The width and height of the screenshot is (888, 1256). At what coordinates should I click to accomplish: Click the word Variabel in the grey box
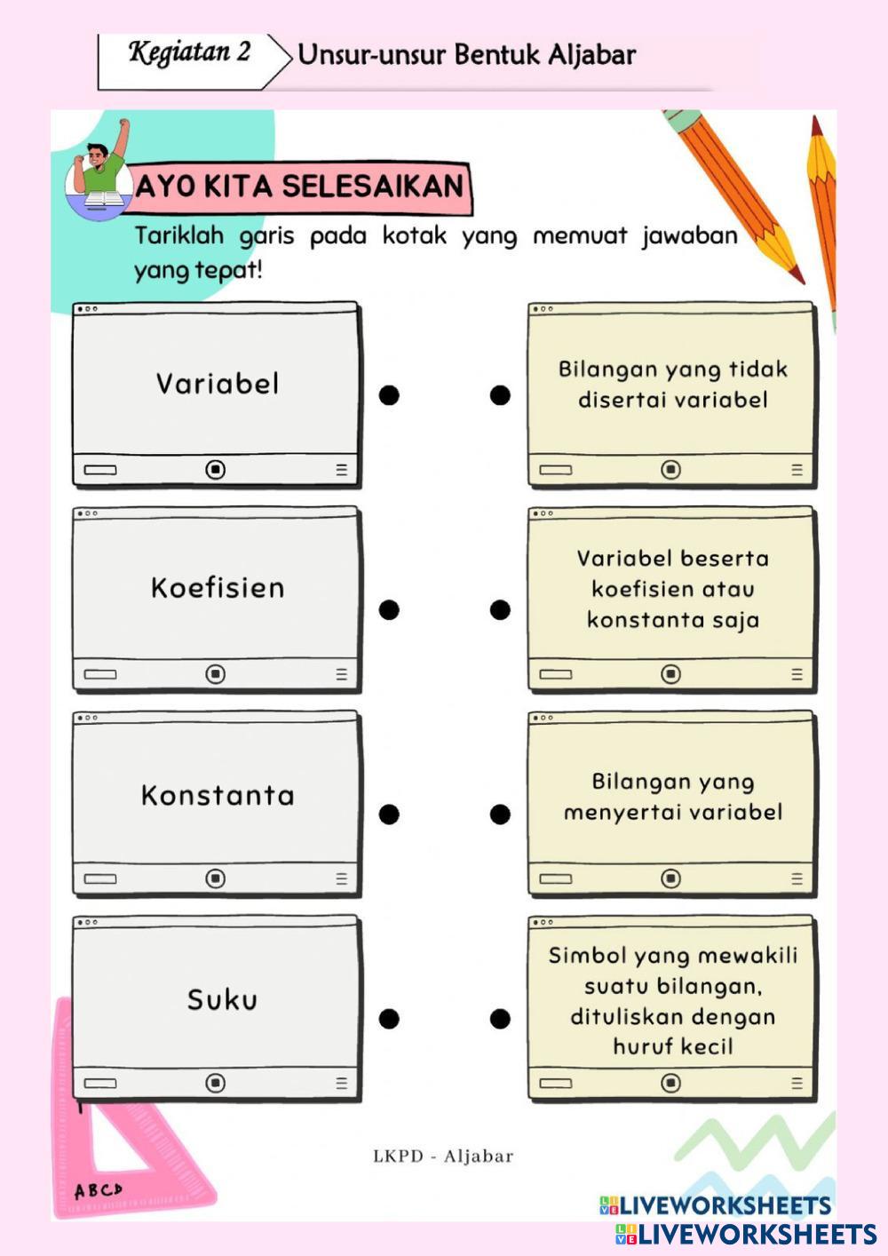(x=218, y=384)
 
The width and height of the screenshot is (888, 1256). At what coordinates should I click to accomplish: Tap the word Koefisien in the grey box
(x=218, y=588)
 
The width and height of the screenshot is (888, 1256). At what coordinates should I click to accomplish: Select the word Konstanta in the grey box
(x=218, y=795)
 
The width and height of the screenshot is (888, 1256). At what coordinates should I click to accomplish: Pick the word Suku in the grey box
(x=222, y=1000)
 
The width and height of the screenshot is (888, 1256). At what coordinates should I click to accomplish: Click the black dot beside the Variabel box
(x=389, y=395)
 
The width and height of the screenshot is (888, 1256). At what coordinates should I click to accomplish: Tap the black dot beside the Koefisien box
(x=389, y=609)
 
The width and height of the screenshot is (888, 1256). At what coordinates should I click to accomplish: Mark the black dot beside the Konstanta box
(x=389, y=814)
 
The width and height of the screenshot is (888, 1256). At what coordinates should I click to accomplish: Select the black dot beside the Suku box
(x=389, y=1019)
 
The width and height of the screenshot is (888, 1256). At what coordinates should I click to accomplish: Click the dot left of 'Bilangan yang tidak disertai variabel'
(x=500, y=395)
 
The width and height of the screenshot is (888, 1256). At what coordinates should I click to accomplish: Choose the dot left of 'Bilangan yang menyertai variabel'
(x=500, y=814)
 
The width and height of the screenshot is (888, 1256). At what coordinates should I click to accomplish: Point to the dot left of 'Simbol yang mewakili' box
(x=500, y=1019)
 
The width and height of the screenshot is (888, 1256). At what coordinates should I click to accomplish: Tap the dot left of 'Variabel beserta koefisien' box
(x=500, y=609)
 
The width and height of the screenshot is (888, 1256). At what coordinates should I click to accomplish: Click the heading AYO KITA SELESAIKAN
(x=299, y=187)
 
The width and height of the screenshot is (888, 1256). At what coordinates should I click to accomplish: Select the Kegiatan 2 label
(x=190, y=52)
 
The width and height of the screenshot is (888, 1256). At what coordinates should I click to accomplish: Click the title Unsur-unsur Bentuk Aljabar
(x=466, y=55)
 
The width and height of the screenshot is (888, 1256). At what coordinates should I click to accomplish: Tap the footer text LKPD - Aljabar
(x=443, y=1156)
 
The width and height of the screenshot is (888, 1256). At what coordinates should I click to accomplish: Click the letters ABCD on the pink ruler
(x=98, y=1190)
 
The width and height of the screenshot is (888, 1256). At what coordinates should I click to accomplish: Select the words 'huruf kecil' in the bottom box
(x=672, y=1046)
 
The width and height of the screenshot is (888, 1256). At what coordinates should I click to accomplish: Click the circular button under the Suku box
(x=215, y=1083)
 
